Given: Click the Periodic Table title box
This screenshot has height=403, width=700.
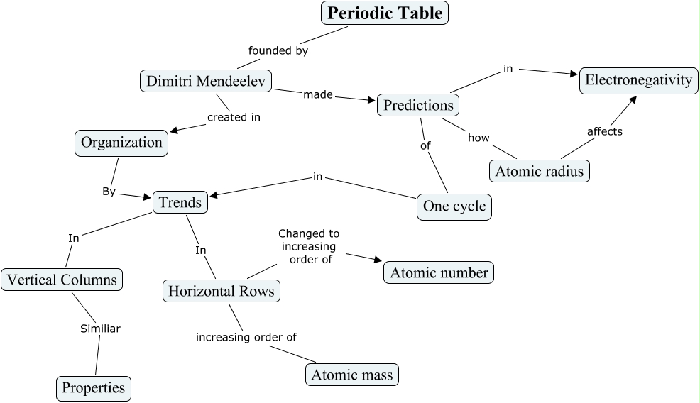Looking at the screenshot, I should tap(385, 13).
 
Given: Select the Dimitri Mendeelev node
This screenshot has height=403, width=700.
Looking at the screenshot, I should tap(206, 81).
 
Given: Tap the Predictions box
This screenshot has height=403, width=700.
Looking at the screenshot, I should tap(418, 105).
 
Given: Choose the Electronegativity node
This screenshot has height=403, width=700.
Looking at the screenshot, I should tap(638, 79).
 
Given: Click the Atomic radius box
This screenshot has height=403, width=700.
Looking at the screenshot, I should tap(540, 171).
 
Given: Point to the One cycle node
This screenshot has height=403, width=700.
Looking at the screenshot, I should tap(454, 206).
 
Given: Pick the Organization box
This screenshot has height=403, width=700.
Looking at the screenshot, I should tap(121, 143).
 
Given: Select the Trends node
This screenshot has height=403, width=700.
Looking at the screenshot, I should tap(180, 202).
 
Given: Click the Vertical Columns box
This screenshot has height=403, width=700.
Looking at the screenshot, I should tap(61, 280).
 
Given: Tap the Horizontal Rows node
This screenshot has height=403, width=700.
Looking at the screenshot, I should tap(221, 291).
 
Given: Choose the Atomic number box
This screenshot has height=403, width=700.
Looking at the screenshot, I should tap(439, 272).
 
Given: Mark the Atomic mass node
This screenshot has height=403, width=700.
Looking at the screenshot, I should tap(351, 374).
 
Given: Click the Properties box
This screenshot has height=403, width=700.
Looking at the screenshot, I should tap(93, 387).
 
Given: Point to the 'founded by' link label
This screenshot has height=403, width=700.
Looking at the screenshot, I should tap(278, 50).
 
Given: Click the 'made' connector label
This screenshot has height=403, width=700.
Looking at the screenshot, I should tap(317, 94).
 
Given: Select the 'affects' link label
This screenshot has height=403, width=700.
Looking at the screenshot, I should tap(605, 131).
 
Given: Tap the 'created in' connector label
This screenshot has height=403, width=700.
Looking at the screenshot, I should tap(234, 117).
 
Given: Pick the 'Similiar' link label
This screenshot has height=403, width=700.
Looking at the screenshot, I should tap(99, 329).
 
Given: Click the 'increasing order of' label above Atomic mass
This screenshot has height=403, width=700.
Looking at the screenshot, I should tap(246, 337).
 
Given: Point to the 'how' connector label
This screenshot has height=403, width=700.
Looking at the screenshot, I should tap(478, 138).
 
